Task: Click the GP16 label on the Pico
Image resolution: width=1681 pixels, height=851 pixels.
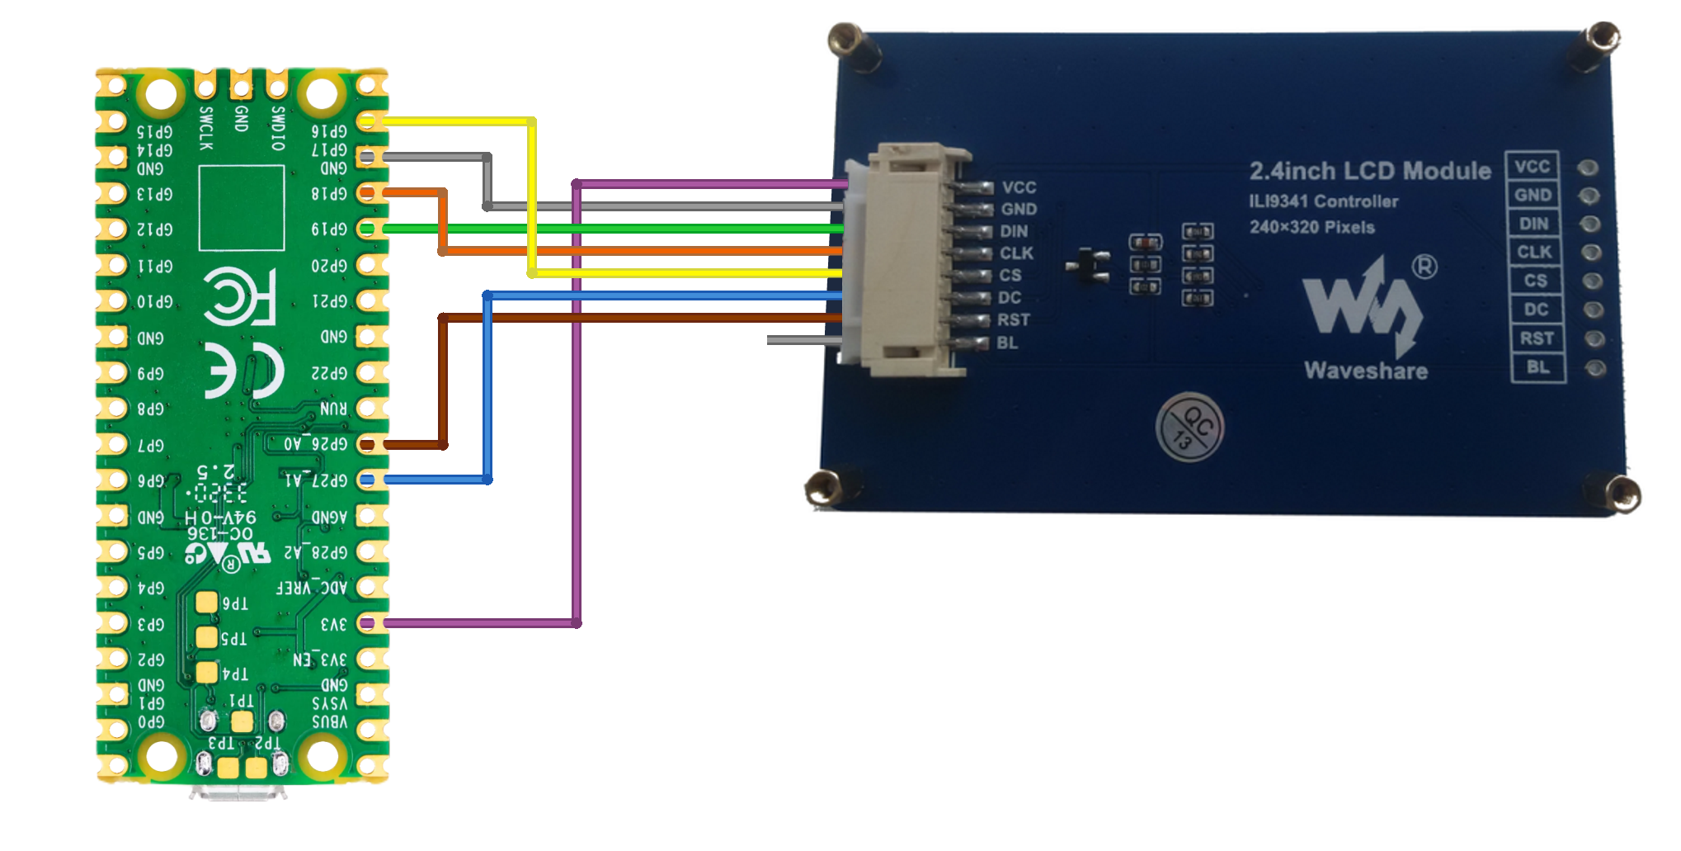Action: (x=329, y=131)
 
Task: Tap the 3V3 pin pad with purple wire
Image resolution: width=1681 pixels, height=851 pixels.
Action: (x=368, y=623)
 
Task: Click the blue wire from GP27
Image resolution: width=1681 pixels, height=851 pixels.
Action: (x=487, y=388)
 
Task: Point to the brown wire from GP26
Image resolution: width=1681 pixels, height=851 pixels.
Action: (x=443, y=380)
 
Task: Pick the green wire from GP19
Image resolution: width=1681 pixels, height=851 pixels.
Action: (x=610, y=229)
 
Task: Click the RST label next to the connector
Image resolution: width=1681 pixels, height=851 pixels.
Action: (x=1013, y=320)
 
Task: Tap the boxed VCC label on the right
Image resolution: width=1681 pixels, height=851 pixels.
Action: (x=1532, y=167)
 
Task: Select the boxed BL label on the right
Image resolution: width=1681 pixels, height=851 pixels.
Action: (x=1537, y=367)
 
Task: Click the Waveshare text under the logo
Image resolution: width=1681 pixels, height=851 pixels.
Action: (x=1366, y=371)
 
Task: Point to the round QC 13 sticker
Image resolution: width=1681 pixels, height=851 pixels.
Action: (x=1189, y=427)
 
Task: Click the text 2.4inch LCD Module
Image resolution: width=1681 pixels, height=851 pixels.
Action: (x=1369, y=171)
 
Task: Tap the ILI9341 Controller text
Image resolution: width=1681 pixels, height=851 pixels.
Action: (x=1323, y=201)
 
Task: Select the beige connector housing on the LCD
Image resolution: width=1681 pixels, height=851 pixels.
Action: (x=904, y=260)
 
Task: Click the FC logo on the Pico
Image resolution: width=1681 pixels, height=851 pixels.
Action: (x=239, y=295)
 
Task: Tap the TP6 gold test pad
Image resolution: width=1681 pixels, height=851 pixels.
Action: (x=207, y=603)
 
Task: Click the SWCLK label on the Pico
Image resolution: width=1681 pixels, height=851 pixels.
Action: (x=206, y=129)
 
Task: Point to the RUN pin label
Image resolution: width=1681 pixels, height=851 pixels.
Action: (x=333, y=409)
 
